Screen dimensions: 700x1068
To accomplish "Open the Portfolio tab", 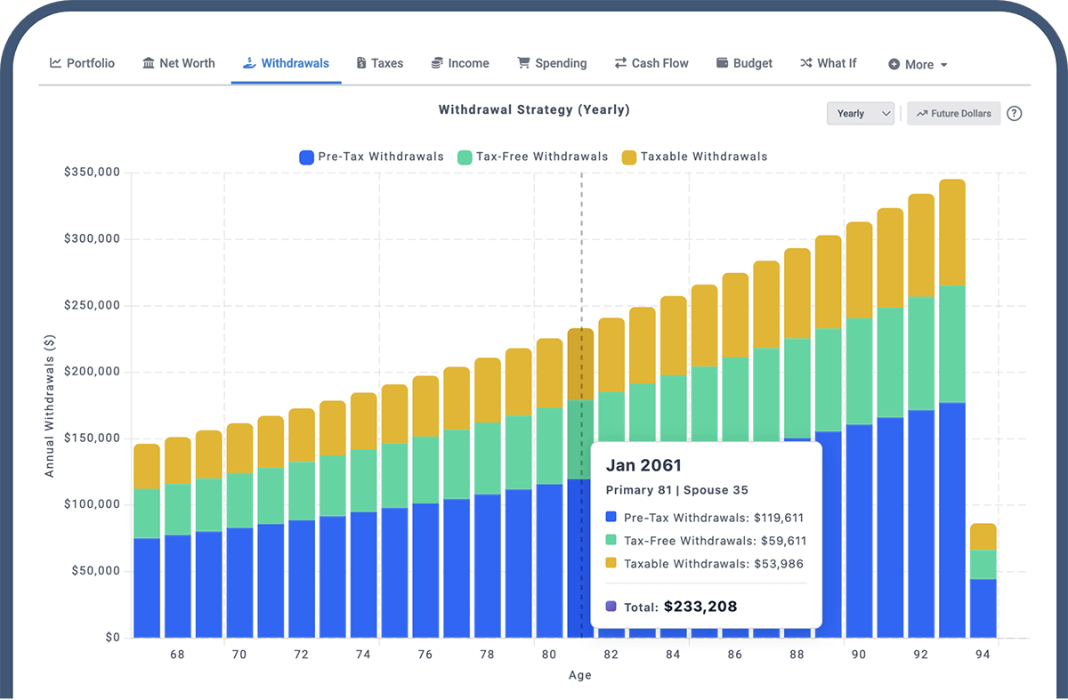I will point(82,63).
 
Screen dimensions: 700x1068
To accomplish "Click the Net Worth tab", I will point(178,63).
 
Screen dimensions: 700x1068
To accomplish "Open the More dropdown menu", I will point(918,64).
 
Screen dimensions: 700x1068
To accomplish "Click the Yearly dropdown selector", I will point(860,113).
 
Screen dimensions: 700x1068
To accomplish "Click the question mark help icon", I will point(1014,113).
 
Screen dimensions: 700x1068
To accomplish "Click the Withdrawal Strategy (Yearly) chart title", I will point(534,110).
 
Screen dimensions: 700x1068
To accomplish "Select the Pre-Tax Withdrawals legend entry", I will point(371,157).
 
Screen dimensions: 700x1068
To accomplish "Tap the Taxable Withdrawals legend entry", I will point(694,157).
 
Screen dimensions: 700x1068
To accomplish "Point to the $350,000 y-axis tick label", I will point(92,173).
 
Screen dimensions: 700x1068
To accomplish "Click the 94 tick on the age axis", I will point(983,655).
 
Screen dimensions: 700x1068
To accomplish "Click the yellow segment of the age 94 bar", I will point(983,536).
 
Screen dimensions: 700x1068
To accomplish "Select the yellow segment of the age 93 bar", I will point(952,232).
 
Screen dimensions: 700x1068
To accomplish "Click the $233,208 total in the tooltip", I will point(700,607).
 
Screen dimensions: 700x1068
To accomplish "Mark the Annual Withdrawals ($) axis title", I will point(50,405).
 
